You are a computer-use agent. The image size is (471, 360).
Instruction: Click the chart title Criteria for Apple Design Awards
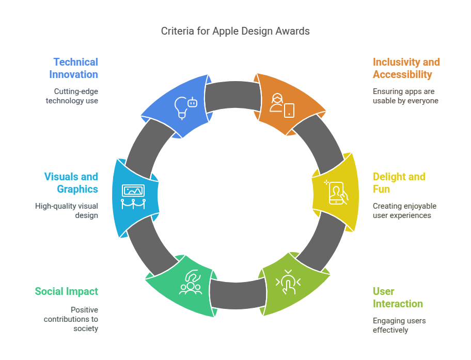[235, 31]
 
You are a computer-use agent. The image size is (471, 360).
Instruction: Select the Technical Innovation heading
[73, 68]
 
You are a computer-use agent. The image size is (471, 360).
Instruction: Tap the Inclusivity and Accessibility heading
[406, 68]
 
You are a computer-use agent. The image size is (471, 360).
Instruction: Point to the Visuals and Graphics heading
[71, 183]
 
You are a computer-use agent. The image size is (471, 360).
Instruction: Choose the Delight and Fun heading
[399, 183]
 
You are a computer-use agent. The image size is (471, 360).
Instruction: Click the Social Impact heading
[67, 291]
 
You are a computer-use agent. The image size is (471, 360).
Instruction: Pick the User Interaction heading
[398, 298]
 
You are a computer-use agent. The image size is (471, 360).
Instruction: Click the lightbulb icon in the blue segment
[181, 108]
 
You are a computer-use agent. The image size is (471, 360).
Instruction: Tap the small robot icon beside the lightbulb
[193, 103]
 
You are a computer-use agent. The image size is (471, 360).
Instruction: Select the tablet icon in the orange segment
[289, 111]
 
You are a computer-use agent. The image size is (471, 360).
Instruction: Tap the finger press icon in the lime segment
[288, 282]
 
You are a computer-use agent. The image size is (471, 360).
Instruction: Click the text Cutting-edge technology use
[72, 96]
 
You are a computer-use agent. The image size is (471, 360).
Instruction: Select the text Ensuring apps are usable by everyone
[405, 96]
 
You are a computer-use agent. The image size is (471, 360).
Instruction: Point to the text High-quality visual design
[67, 211]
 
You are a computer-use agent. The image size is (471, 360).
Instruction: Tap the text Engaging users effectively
[399, 325]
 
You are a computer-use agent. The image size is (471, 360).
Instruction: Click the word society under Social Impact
[86, 328]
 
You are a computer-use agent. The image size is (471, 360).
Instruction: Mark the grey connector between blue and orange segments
[233, 96]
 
